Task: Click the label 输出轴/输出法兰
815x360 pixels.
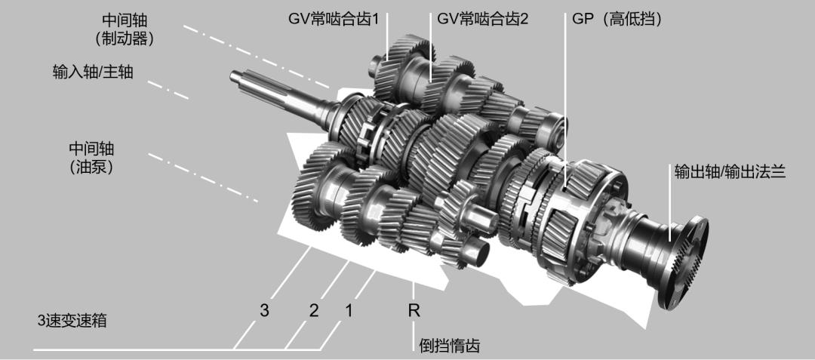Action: point(730,173)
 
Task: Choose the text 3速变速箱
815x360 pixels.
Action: point(72,321)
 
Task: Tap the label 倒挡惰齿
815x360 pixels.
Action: point(449,346)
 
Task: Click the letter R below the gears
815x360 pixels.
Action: point(414,309)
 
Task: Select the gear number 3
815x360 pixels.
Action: point(264,309)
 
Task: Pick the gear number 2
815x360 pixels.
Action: point(314,309)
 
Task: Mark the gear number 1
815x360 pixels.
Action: point(348,309)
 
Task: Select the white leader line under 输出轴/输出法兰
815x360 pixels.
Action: point(669,211)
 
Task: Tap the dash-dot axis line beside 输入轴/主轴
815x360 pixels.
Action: point(168,87)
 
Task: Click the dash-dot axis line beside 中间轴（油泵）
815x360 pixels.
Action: point(204,179)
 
